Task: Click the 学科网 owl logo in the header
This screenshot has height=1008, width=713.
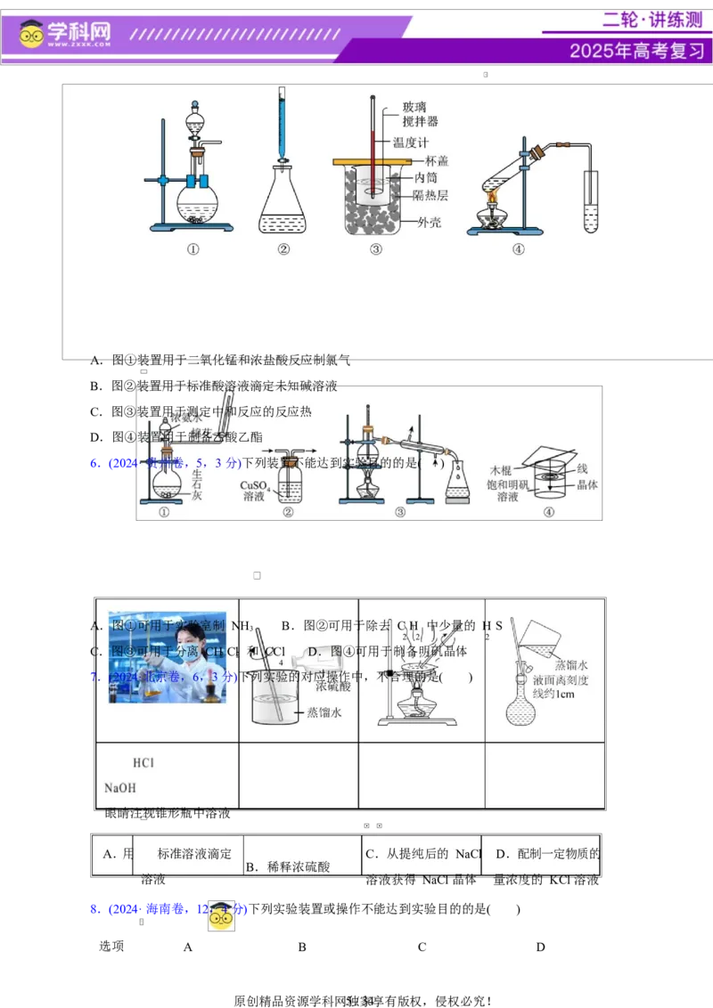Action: coord(32,34)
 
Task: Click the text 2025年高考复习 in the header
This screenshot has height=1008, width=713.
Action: coord(636,51)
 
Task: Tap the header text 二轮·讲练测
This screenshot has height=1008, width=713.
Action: coord(652,20)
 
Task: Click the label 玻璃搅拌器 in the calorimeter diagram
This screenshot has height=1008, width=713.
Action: coord(420,114)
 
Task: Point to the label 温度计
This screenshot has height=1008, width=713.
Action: coord(411,142)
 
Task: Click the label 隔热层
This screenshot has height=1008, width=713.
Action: coord(430,195)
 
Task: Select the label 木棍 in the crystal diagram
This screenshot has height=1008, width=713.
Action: coord(504,469)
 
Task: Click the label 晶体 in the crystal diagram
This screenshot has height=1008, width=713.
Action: coord(586,485)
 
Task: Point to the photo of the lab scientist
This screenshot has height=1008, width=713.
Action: coord(168,657)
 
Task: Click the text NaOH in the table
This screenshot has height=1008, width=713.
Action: coord(120,788)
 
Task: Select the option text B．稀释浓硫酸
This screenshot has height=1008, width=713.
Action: coord(288,866)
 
